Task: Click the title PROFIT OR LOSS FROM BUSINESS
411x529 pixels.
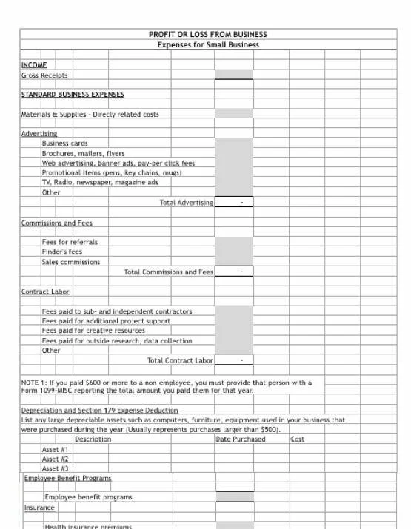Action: pyautogui.click(x=207, y=34)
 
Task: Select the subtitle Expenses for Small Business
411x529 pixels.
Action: pyautogui.click(x=208, y=44)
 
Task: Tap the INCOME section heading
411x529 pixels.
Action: pyautogui.click(x=34, y=65)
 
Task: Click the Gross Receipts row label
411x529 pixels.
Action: pyautogui.click(x=44, y=75)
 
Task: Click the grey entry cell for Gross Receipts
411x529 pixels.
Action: pyautogui.click(x=233, y=75)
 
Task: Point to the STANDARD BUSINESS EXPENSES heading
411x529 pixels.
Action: pyautogui.click(x=73, y=95)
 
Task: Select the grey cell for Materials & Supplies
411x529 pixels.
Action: pyautogui.click(x=233, y=114)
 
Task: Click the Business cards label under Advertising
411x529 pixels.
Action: pyautogui.click(x=64, y=144)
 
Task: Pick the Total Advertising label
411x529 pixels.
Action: pyautogui.click(x=186, y=202)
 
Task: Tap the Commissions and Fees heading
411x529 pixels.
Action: pyautogui.click(x=57, y=223)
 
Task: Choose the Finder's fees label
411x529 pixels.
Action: pyautogui.click(x=62, y=252)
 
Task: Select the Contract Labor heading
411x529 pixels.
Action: pyautogui.click(x=45, y=292)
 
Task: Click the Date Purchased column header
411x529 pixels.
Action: pyautogui.click(x=240, y=439)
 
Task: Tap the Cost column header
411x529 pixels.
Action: pyautogui.click(x=297, y=439)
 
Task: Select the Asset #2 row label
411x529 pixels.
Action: pyautogui.click(x=56, y=459)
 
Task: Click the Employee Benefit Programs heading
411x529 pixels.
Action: pyautogui.click(x=67, y=478)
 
